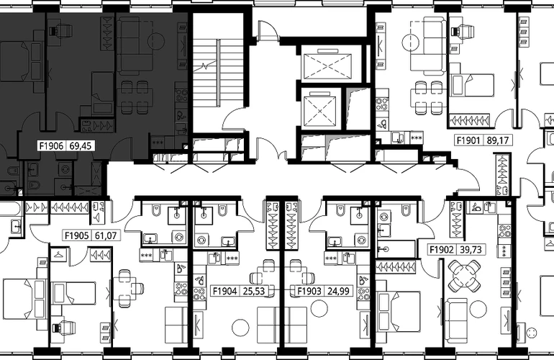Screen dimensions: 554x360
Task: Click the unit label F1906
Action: pyautogui.click(x=51, y=145)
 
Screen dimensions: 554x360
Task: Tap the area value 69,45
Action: pyautogui.click(x=80, y=145)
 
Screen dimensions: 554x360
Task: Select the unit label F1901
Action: pyautogui.click(x=468, y=140)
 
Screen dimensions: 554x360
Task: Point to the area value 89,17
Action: pyautogui.click(x=497, y=140)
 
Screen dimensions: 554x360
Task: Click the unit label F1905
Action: pyautogui.click(x=77, y=235)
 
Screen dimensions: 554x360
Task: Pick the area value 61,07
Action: pyautogui.click(x=106, y=235)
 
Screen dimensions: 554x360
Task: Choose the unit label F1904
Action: pyautogui.click(x=224, y=291)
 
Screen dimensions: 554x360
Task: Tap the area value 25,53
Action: pyautogui.click(x=254, y=291)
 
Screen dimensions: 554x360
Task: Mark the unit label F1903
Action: pyautogui.click(x=309, y=291)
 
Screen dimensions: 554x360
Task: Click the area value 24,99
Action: pyautogui.click(x=338, y=291)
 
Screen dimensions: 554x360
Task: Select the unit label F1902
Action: pyautogui.click(x=441, y=250)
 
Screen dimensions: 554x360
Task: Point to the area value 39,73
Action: pyautogui.click(x=471, y=250)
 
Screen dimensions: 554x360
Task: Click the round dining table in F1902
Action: pyautogui.click(x=464, y=276)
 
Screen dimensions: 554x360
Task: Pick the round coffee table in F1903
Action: pyautogui.click(x=319, y=308)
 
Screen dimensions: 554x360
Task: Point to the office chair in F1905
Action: pyautogui.click(x=63, y=327)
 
